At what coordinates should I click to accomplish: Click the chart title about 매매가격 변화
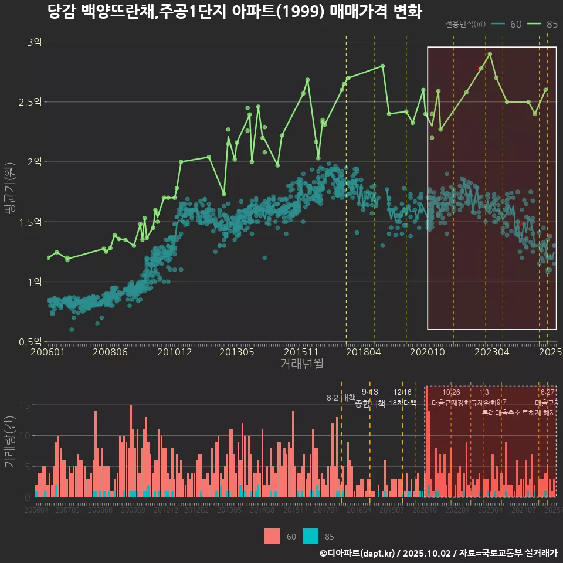235,12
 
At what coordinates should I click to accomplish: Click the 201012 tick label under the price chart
175,352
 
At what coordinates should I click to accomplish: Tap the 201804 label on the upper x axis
363,352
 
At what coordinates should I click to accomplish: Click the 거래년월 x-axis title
301,364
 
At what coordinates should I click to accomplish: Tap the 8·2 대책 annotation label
341,398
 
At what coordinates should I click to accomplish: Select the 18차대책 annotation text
402,403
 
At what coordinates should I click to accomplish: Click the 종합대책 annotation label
370,403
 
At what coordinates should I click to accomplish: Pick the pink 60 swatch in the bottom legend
272,536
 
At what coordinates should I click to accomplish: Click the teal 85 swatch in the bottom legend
311,536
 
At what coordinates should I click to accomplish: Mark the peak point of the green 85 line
490,54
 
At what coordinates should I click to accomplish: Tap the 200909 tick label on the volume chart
133,511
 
